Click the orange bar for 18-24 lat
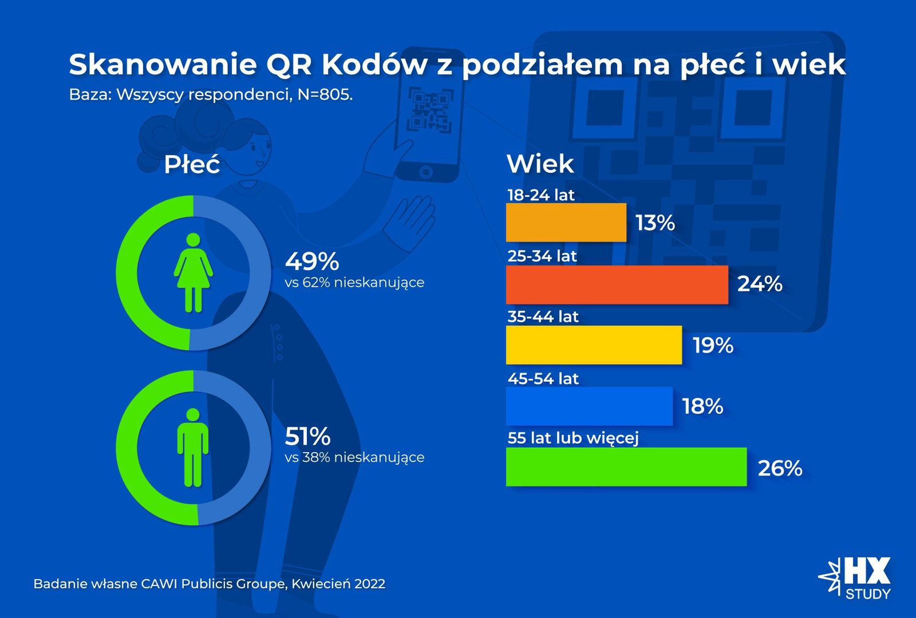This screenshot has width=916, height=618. [x=566, y=222]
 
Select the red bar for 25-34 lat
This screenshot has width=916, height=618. [x=617, y=284]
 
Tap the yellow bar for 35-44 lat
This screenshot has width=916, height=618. [x=594, y=345]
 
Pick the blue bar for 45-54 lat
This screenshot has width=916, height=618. [x=589, y=406]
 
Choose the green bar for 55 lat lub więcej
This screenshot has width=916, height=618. [x=626, y=467]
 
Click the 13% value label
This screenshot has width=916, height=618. [x=656, y=223]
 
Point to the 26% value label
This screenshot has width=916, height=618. [x=780, y=468]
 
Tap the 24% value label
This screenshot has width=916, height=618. [x=760, y=284]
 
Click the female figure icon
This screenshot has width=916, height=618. [x=194, y=273]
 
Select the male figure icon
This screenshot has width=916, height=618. [x=193, y=447]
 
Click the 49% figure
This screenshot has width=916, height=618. [x=312, y=262]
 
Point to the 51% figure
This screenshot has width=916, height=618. [x=308, y=437]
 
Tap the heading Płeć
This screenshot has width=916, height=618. [x=192, y=165]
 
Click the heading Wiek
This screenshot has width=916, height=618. [x=540, y=164]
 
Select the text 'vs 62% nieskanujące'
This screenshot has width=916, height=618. [x=354, y=282]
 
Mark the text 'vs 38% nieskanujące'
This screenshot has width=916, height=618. [x=354, y=457]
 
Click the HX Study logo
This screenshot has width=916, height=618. [x=856, y=578]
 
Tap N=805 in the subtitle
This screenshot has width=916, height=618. [x=325, y=94]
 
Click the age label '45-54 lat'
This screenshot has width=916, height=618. [x=543, y=378]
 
